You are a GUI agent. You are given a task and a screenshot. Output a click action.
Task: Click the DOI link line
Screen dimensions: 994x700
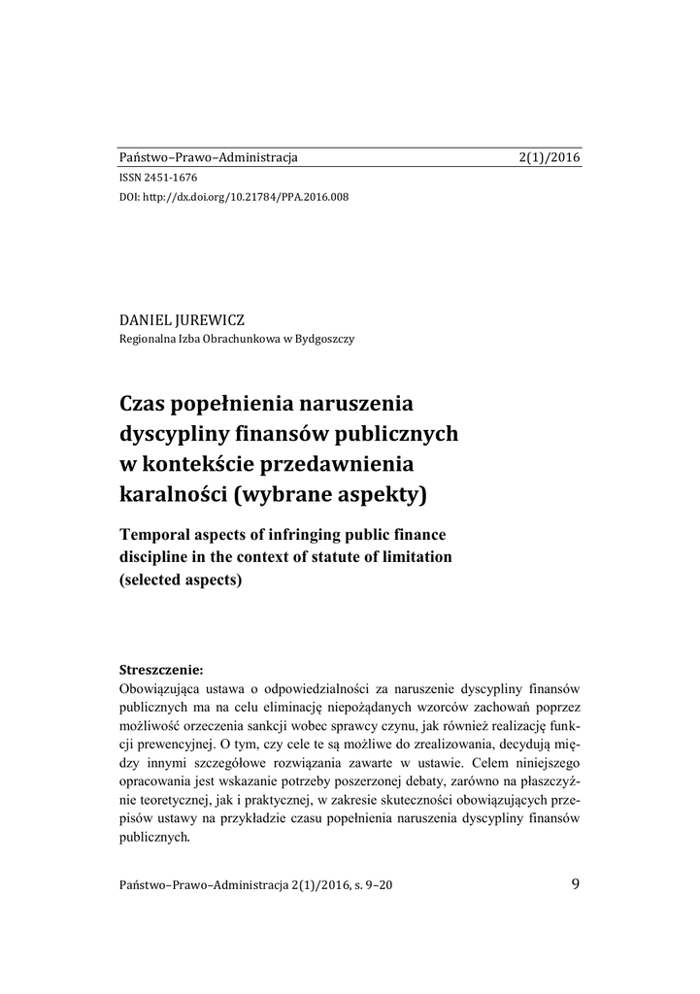[x=233, y=197]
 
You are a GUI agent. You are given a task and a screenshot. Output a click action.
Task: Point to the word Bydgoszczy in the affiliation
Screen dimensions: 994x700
[x=324, y=339]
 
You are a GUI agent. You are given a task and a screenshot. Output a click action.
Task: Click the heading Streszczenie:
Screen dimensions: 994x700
[x=161, y=670]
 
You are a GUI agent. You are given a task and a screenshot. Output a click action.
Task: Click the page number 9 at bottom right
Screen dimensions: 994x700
[x=577, y=883]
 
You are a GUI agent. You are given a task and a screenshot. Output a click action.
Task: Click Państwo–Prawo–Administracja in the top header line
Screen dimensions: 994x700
[x=208, y=157]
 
